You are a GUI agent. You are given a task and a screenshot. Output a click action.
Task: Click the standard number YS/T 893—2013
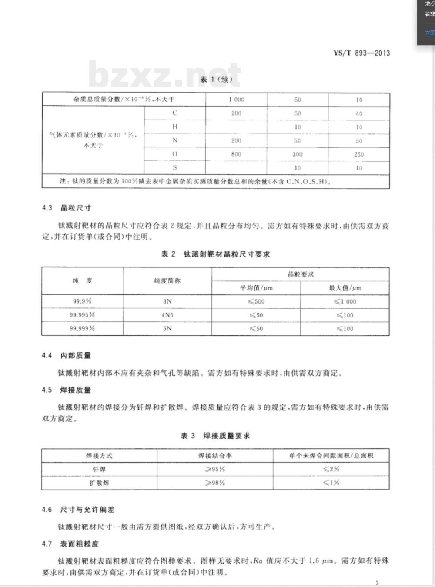click(361, 53)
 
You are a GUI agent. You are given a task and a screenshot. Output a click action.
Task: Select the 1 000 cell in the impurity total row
click(236, 100)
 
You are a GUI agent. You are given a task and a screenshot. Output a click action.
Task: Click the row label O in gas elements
click(175, 154)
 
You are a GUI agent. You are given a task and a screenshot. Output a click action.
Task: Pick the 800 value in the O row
click(236, 154)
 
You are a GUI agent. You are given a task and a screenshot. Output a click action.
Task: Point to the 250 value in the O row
click(359, 154)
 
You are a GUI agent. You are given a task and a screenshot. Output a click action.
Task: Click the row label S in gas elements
click(175, 167)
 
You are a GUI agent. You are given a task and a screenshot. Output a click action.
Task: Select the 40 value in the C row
click(359, 113)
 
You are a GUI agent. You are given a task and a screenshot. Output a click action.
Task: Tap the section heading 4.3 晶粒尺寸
click(67, 208)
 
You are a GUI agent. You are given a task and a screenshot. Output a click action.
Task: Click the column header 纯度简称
click(167, 281)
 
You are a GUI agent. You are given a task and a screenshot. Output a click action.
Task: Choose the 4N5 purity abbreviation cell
click(167, 315)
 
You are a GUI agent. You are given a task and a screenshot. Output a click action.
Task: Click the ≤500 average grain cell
click(256, 301)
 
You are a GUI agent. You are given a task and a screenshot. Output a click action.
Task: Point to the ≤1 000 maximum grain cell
click(345, 301)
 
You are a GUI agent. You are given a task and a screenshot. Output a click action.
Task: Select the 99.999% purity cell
click(82, 328)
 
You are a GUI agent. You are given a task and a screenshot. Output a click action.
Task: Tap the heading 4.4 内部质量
click(67, 355)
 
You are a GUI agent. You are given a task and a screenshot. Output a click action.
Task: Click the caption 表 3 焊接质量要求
click(215, 436)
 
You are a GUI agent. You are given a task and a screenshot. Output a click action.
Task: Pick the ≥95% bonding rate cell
click(215, 469)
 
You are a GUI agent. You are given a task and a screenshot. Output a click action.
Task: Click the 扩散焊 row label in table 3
click(99, 483)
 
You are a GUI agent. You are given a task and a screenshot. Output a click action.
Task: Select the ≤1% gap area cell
click(331, 483)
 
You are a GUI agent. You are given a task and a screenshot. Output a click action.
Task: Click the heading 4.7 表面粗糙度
click(70, 544)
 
